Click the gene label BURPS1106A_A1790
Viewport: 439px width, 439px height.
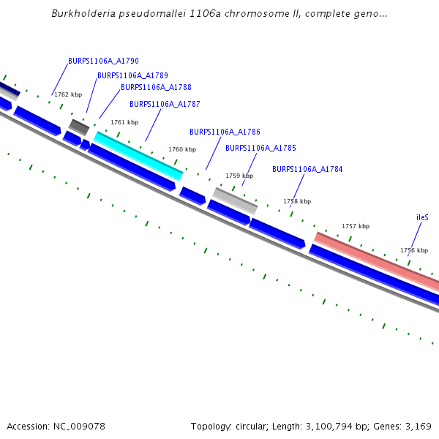click(x=103, y=61)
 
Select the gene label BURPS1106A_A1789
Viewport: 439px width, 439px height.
click(x=132, y=75)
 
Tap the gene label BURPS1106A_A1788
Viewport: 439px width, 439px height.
click(x=156, y=87)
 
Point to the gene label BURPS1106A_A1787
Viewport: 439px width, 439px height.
click(x=165, y=104)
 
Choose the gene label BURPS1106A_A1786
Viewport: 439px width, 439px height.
click(x=225, y=132)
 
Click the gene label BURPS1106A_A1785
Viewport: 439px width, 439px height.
click(x=260, y=148)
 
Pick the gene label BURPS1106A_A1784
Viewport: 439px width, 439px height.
click(x=307, y=169)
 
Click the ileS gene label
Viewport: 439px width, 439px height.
click(x=422, y=218)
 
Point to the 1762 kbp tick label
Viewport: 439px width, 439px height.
click(x=68, y=94)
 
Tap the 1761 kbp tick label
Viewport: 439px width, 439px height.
click(x=124, y=122)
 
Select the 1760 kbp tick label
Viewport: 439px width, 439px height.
click(x=182, y=149)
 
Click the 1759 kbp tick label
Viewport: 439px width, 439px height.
click(x=239, y=176)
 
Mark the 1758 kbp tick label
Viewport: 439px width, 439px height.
click(x=297, y=201)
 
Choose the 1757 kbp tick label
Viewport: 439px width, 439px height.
click(x=356, y=226)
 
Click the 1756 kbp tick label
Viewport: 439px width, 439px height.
click(x=413, y=250)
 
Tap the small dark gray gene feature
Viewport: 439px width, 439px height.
click(x=78, y=127)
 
